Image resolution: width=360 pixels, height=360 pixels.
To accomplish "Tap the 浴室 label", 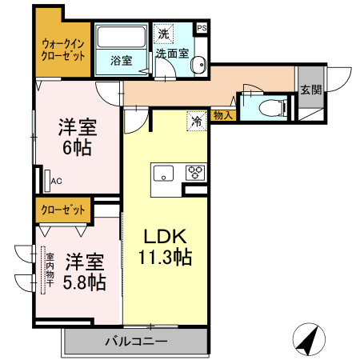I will click(121, 61).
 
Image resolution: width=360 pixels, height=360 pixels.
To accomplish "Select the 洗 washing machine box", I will click(163, 34).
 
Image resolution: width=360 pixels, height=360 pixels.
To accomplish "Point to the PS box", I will click(202, 27).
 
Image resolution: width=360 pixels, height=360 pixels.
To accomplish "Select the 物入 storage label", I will click(224, 116).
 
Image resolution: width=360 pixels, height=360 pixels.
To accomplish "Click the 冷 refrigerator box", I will click(196, 122).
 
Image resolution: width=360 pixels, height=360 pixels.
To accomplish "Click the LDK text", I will click(166, 237).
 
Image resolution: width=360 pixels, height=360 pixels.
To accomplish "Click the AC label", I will click(56, 182).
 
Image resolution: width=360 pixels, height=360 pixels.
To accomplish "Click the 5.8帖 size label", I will click(85, 282).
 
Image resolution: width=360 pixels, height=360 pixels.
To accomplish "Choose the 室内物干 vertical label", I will click(49, 272).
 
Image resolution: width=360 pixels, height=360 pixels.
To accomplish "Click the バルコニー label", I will click(136, 342).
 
